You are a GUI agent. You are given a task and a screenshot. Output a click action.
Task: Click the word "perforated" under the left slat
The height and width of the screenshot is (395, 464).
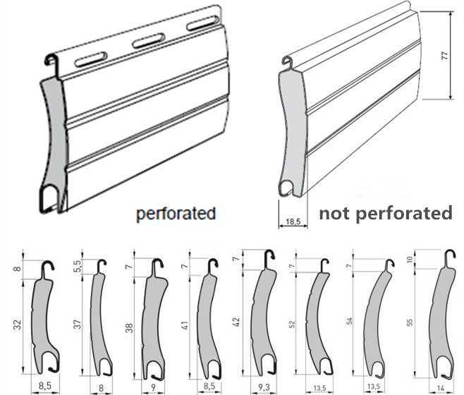click(175, 212)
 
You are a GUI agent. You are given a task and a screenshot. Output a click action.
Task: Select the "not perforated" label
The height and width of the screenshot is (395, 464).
click(386, 212)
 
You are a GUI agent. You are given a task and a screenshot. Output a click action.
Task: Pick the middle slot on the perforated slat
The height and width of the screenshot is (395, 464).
click(148, 41)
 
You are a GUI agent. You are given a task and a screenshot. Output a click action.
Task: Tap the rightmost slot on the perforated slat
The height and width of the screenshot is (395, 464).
click(202, 25)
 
